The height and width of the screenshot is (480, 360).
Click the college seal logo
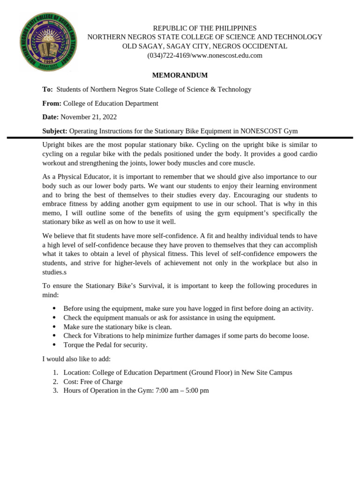click(x=48, y=42)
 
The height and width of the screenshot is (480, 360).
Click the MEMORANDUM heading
click(x=180, y=75)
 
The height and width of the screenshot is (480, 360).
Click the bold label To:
click(x=47, y=90)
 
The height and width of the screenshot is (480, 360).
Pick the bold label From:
click(x=52, y=104)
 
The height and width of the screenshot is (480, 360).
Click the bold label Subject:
click(x=55, y=131)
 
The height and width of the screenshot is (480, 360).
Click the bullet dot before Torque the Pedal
click(x=54, y=345)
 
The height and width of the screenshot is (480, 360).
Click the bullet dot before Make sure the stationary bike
click(x=54, y=327)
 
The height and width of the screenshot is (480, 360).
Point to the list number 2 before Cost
click(x=55, y=382)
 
